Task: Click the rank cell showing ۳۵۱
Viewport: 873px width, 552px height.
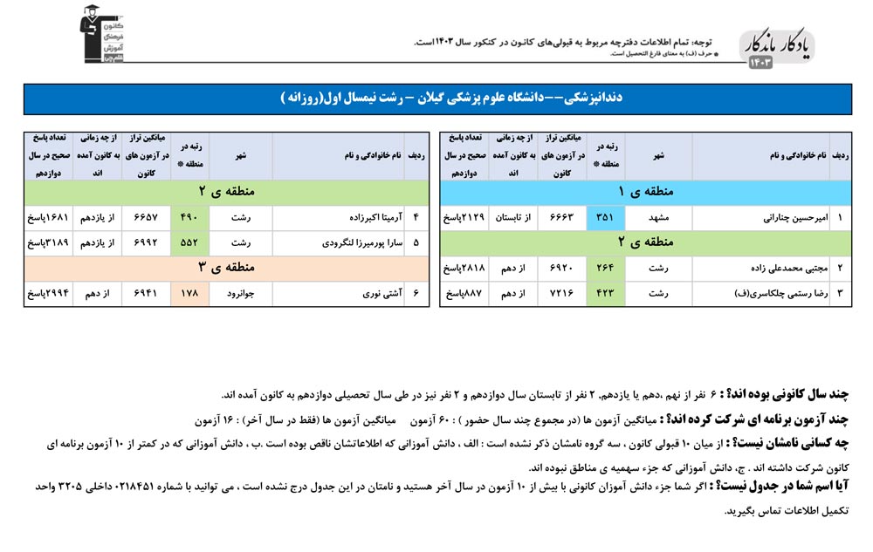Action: pos(605,217)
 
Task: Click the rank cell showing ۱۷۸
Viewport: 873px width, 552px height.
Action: pos(189,294)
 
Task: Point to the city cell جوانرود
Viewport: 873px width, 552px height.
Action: pos(240,294)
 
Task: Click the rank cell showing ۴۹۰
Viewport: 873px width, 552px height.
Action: pos(189,217)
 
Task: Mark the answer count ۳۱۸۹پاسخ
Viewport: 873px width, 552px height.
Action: pos(46,243)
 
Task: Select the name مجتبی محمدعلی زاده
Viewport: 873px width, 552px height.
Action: pos(780,268)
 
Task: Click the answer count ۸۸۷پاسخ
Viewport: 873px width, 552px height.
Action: pos(464,293)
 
